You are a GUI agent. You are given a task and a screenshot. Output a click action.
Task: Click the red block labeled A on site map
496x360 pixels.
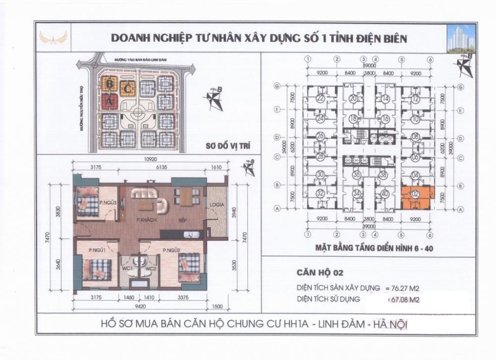pyautogui.click(x=109, y=102)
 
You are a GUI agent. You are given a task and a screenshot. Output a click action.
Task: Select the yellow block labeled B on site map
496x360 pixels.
pyautogui.click(x=109, y=83)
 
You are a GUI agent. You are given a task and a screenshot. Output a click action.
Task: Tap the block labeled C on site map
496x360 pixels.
pyautogui.click(x=128, y=89)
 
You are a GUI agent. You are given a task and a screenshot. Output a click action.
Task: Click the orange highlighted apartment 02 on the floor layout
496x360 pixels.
pyautogui.click(x=415, y=197)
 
